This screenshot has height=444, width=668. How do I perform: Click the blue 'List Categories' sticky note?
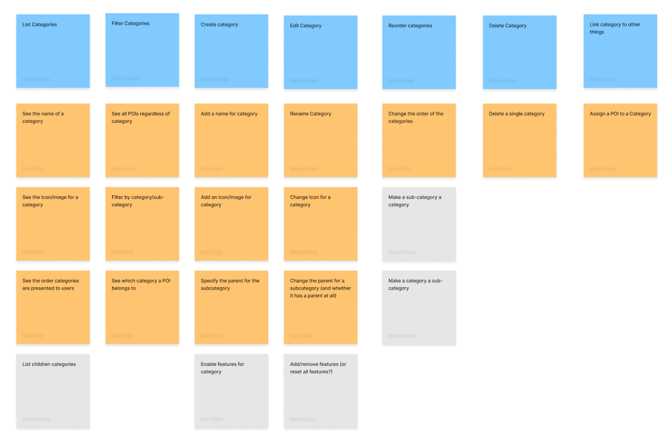tap(53, 51)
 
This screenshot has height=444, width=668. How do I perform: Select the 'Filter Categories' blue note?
tap(142, 50)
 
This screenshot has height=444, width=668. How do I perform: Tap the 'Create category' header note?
tap(231, 51)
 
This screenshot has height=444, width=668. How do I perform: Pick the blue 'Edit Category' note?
tap(321, 52)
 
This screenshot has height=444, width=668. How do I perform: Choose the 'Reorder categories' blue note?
tap(419, 52)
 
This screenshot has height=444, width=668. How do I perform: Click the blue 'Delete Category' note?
tap(519, 52)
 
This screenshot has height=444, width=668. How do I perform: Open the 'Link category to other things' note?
tap(620, 51)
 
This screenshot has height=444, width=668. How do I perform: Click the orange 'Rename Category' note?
tap(321, 141)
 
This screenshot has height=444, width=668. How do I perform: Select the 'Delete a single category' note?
tap(519, 141)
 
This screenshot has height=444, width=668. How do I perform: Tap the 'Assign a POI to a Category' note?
tap(620, 141)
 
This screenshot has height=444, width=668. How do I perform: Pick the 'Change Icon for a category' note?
tap(321, 224)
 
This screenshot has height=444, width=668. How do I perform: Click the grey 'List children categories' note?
tap(53, 391)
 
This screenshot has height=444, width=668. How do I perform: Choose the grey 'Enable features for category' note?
tap(231, 391)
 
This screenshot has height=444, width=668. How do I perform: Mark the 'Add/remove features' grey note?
tap(321, 391)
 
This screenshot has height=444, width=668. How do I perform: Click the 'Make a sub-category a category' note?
tap(419, 224)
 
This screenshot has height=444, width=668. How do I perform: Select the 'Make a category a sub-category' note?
tap(419, 308)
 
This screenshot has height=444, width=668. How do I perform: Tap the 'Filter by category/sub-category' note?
tap(142, 224)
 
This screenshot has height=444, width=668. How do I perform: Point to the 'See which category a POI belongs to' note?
tap(142, 308)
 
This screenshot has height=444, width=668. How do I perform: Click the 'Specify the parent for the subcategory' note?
tap(231, 308)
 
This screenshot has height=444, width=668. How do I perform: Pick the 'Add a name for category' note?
tap(231, 141)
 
